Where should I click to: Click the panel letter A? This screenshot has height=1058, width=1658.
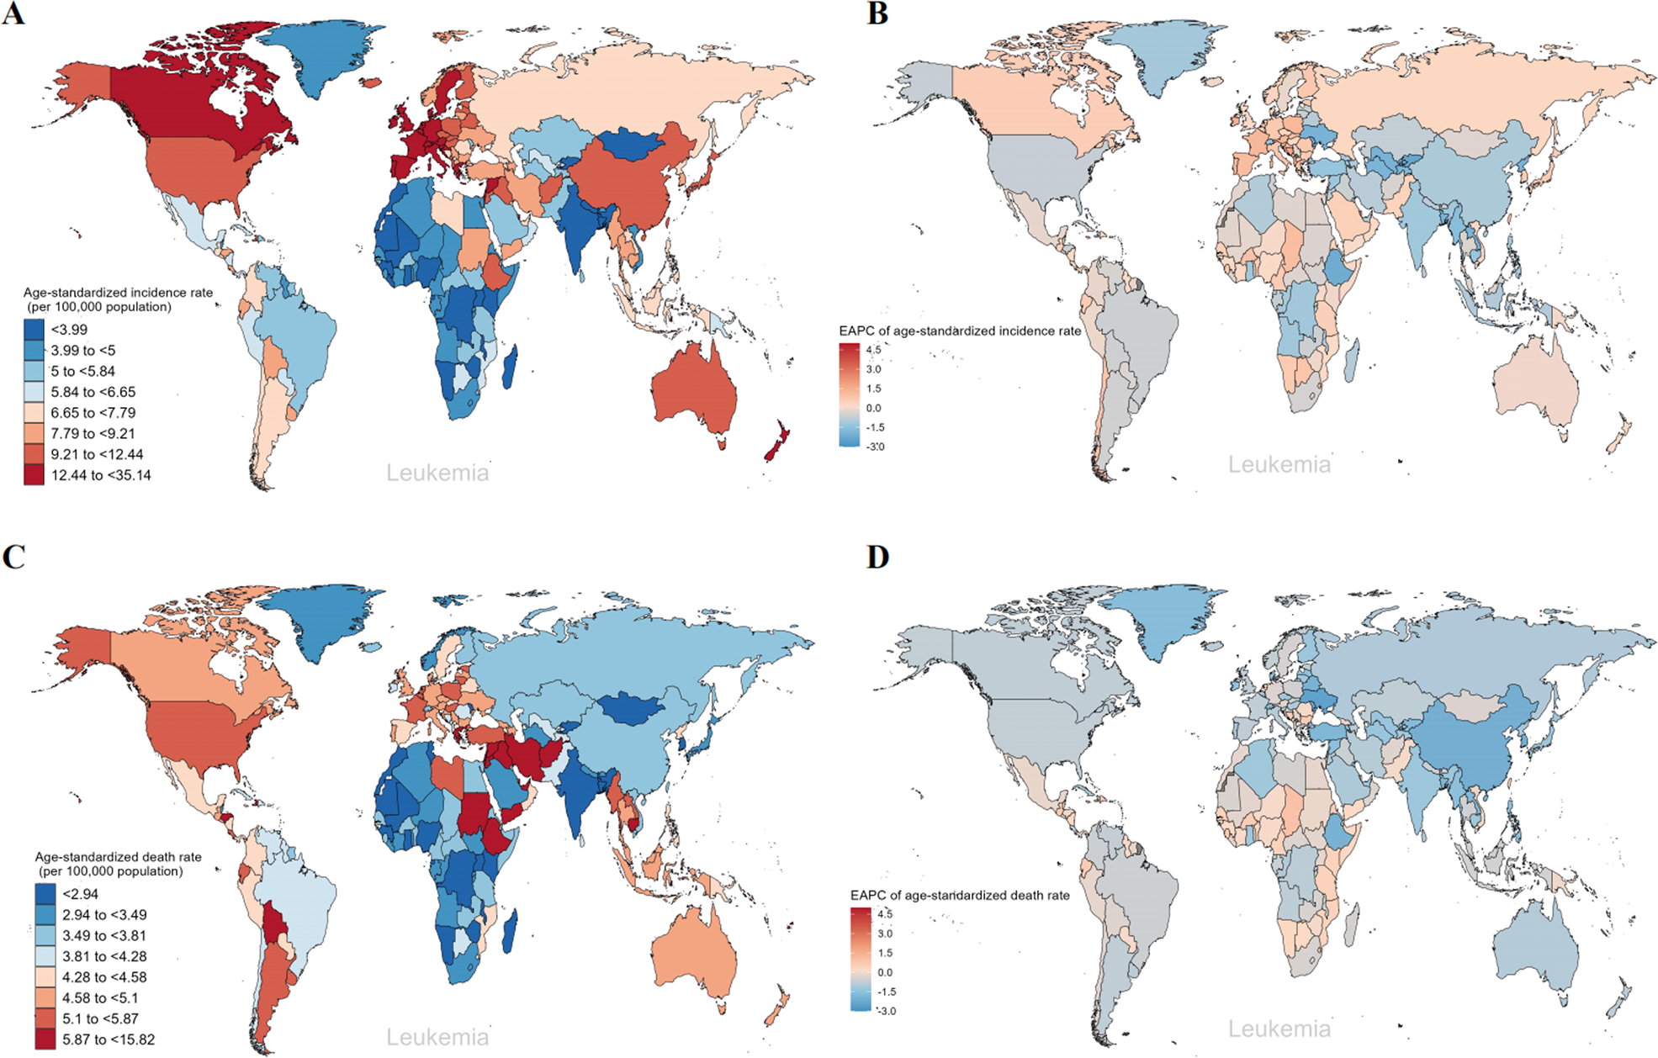[x=13, y=14]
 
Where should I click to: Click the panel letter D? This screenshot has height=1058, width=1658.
[x=877, y=558]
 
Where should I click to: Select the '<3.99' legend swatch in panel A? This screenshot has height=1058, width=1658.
[x=34, y=330]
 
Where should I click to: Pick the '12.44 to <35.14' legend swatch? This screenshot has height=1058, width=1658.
[x=34, y=475]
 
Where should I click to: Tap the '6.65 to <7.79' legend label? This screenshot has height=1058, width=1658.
[x=93, y=413]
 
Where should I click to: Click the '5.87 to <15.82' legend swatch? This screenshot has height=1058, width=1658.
[x=45, y=1039]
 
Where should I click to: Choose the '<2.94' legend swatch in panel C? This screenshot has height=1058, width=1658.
[x=45, y=894]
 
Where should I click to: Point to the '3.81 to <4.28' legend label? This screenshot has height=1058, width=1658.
[x=104, y=956]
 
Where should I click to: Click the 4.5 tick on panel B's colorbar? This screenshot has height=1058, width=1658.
[x=874, y=350]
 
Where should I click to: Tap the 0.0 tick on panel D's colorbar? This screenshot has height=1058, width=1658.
[x=885, y=972]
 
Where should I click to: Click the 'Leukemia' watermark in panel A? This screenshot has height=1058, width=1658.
[x=437, y=473]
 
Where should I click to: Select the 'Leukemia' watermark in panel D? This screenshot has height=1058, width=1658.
[x=1279, y=1029]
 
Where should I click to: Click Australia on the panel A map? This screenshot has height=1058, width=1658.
[x=694, y=391]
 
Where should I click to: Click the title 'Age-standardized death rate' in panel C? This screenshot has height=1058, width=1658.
[x=118, y=857]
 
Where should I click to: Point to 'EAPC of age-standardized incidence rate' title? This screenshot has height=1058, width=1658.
[x=960, y=331]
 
